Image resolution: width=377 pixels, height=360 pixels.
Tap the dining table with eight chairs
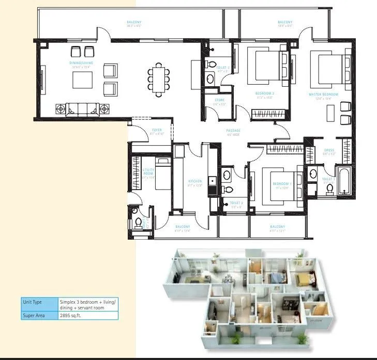[x=158, y=80]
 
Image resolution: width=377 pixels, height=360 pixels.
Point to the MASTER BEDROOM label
[x=323, y=94]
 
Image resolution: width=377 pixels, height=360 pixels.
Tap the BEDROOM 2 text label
[x=264, y=93]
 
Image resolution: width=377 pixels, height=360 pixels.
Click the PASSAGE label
[x=233, y=131]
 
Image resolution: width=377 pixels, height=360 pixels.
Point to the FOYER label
[x=156, y=130]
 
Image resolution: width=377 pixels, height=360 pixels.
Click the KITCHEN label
[x=194, y=181]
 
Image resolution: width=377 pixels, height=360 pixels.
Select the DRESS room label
[x=329, y=151]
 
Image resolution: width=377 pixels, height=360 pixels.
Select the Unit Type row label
[x=32, y=302]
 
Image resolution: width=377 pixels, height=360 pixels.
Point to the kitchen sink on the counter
[x=212, y=182]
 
